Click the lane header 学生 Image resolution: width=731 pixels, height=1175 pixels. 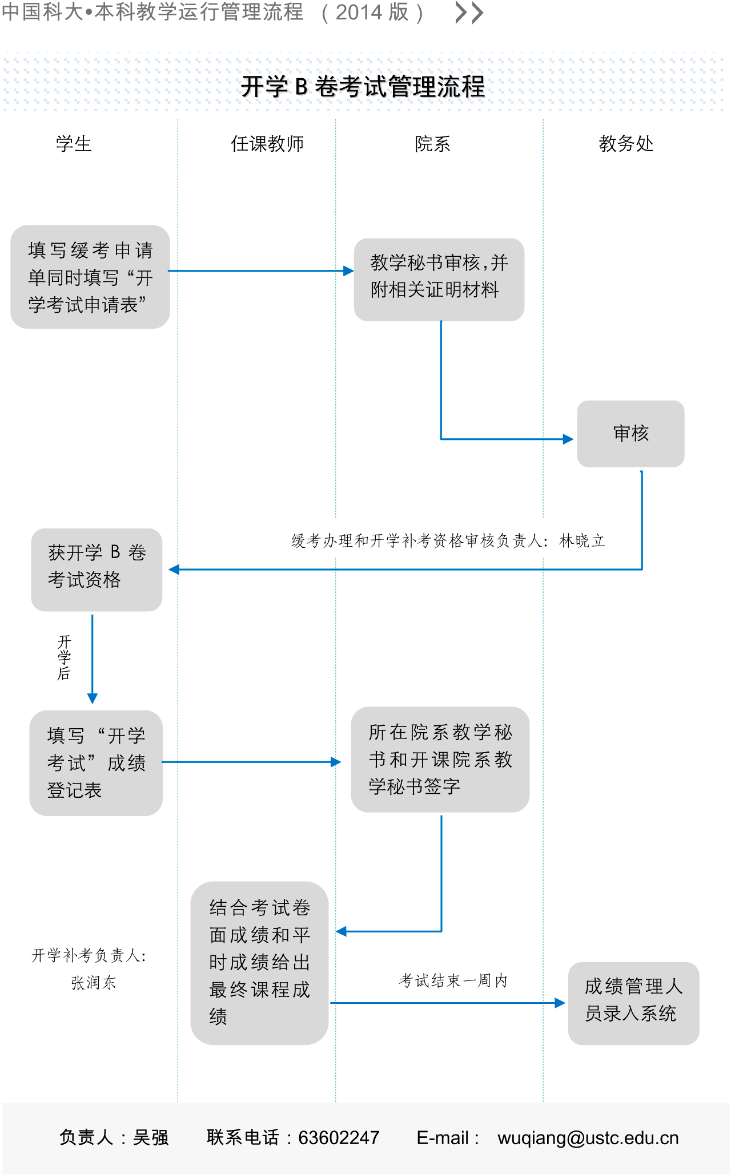point(74,144)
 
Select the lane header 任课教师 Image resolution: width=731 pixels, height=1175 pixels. point(267,144)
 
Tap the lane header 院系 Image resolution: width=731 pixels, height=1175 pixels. point(432,144)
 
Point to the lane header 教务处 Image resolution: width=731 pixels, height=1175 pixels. point(626,144)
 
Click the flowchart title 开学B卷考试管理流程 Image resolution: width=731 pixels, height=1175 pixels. point(363,87)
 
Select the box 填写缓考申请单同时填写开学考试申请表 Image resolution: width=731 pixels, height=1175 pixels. point(90,277)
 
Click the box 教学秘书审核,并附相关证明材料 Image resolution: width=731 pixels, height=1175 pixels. point(439,280)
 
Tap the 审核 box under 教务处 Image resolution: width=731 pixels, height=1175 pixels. point(630,434)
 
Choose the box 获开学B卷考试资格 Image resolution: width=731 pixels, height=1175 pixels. point(97,570)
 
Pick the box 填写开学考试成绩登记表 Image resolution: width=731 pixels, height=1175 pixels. point(96,763)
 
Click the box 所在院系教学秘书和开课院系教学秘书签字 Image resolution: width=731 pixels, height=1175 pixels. point(440,760)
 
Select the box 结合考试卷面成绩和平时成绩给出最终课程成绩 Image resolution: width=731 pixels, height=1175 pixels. point(259,963)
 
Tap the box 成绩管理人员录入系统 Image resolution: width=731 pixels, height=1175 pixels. point(633,1003)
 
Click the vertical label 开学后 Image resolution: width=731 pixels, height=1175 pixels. point(64,657)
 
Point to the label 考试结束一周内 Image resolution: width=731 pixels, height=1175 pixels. point(453,981)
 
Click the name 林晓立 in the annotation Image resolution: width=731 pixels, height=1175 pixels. point(582,541)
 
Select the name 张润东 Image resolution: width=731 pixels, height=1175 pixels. point(94,983)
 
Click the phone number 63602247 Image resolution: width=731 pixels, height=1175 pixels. point(339,1138)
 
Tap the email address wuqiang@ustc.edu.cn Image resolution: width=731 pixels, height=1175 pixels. point(588,1138)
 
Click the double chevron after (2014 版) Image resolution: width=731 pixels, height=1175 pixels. point(469,13)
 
